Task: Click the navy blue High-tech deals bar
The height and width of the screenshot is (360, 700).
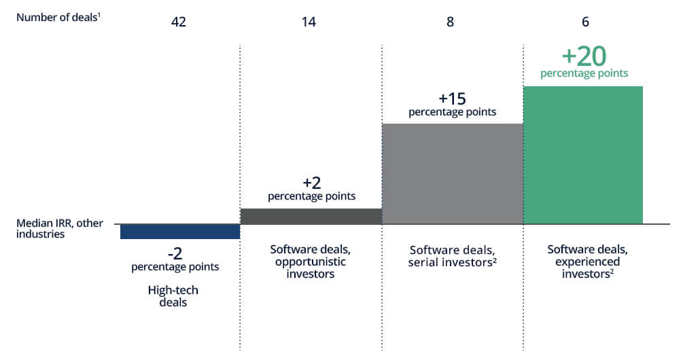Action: (x=180, y=232)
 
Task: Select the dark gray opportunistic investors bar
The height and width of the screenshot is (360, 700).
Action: (x=311, y=217)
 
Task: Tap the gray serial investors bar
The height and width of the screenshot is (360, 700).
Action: (x=453, y=174)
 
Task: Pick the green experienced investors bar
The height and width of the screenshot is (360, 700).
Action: (x=583, y=156)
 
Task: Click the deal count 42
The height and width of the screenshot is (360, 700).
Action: (x=179, y=22)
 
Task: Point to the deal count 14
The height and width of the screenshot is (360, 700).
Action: (x=309, y=22)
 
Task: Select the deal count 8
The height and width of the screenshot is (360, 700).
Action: (x=450, y=22)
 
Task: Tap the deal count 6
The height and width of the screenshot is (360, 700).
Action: (x=585, y=22)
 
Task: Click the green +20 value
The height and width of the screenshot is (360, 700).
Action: (x=584, y=56)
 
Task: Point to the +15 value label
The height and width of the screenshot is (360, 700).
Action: (x=452, y=98)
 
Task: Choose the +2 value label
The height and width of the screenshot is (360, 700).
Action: (x=312, y=183)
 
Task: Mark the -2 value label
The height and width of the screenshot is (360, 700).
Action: (x=175, y=254)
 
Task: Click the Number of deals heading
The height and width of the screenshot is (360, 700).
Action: (x=58, y=18)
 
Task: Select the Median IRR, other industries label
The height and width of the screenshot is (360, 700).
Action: (x=59, y=228)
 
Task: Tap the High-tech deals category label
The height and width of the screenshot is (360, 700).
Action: (x=173, y=296)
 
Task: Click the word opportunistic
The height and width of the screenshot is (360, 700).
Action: (x=311, y=262)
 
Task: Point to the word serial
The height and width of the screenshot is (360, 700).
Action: (x=421, y=262)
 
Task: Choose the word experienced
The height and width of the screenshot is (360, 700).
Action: (x=587, y=262)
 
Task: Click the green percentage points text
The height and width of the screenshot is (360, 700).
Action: (x=584, y=73)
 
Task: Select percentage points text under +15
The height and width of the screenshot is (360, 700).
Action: (x=452, y=112)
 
